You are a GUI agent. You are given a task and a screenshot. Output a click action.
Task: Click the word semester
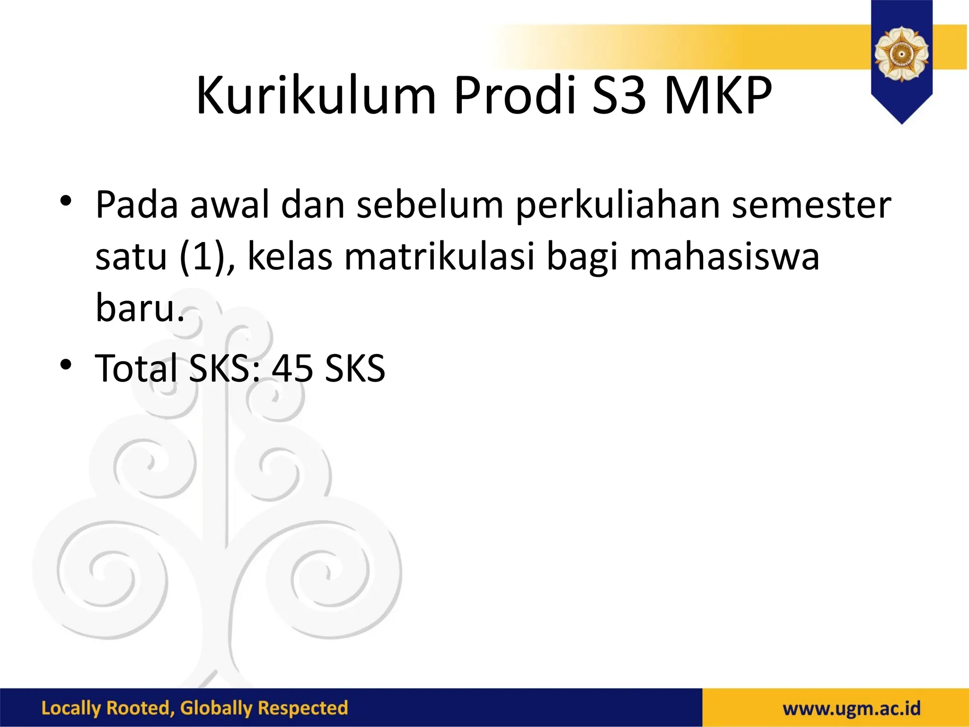[811, 205]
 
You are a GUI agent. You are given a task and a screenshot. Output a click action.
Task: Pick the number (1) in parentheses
[207, 257]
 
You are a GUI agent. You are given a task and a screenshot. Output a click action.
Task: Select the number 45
[292, 368]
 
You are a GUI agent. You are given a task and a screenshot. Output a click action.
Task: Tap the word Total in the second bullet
[136, 368]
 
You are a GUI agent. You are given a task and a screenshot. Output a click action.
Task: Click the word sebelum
[430, 205]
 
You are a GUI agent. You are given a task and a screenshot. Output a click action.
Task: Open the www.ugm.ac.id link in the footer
[852, 709]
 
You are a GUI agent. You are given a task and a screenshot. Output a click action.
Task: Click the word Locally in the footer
[71, 709]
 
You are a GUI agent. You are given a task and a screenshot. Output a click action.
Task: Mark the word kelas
[290, 257]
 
